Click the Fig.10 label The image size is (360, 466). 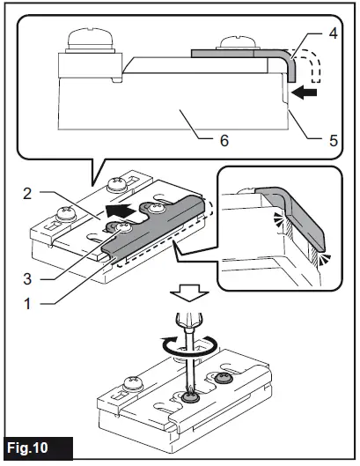[27, 448]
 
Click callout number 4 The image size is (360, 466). [334, 33]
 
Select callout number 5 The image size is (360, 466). [334, 140]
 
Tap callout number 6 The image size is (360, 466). [224, 140]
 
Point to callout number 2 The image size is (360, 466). [27, 194]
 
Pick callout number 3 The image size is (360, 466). [27, 279]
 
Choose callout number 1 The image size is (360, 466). [27, 304]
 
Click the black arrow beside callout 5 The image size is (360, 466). [305, 92]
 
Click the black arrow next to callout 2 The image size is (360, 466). [121, 211]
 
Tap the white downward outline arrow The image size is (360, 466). [189, 293]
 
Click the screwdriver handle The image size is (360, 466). [189, 320]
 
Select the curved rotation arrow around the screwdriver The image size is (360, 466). [189, 346]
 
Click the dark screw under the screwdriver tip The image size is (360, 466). [189, 397]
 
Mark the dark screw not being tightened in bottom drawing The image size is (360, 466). [223, 378]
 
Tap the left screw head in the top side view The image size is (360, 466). [90, 41]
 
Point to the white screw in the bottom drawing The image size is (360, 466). [133, 383]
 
